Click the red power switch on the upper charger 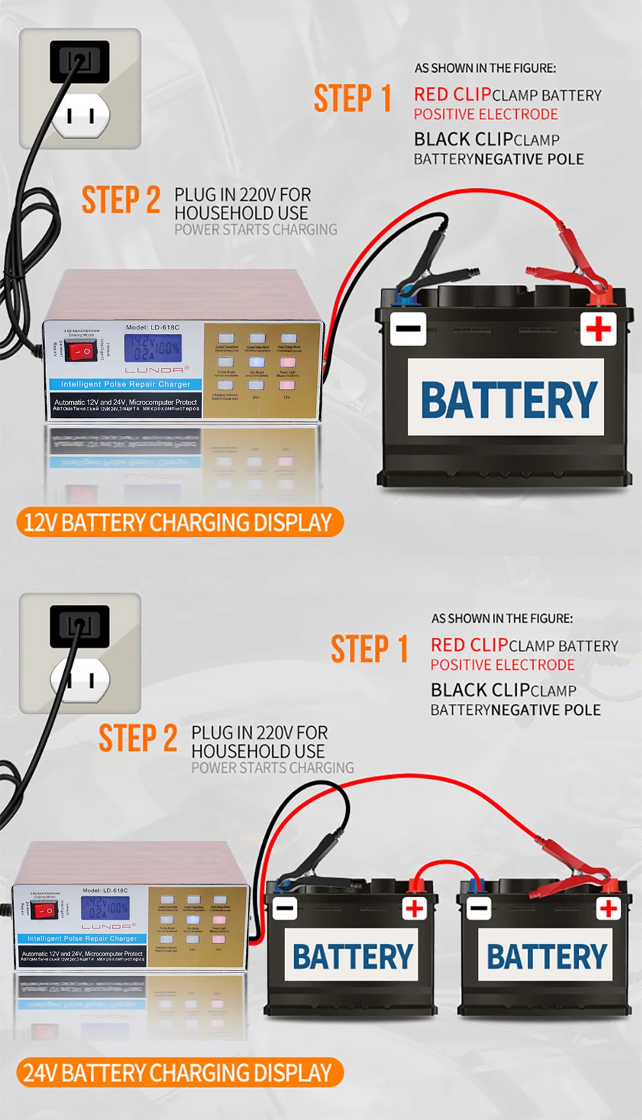(x=82, y=351)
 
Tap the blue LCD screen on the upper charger (x=153, y=347)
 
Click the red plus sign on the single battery (x=598, y=329)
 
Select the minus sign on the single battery (x=408, y=329)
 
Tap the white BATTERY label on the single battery (x=507, y=398)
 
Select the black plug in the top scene (x=79, y=62)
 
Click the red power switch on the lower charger (x=44, y=911)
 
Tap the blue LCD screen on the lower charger (x=105, y=907)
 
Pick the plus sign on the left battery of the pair (x=415, y=908)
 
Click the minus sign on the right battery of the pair (x=478, y=908)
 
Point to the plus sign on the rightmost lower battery (x=608, y=908)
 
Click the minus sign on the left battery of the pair (x=284, y=908)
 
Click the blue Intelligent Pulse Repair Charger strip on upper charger (x=125, y=384)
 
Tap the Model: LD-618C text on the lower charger (x=105, y=891)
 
